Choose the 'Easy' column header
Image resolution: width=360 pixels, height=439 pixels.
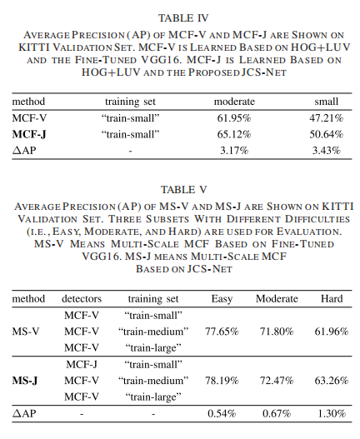click(222, 298)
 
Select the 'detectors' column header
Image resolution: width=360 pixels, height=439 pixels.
click(82, 298)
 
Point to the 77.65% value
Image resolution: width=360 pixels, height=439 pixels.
click(222, 332)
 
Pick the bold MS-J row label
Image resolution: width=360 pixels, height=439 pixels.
click(26, 380)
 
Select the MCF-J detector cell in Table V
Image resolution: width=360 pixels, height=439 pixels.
click(82, 364)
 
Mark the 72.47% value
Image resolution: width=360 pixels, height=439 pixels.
click(276, 380)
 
